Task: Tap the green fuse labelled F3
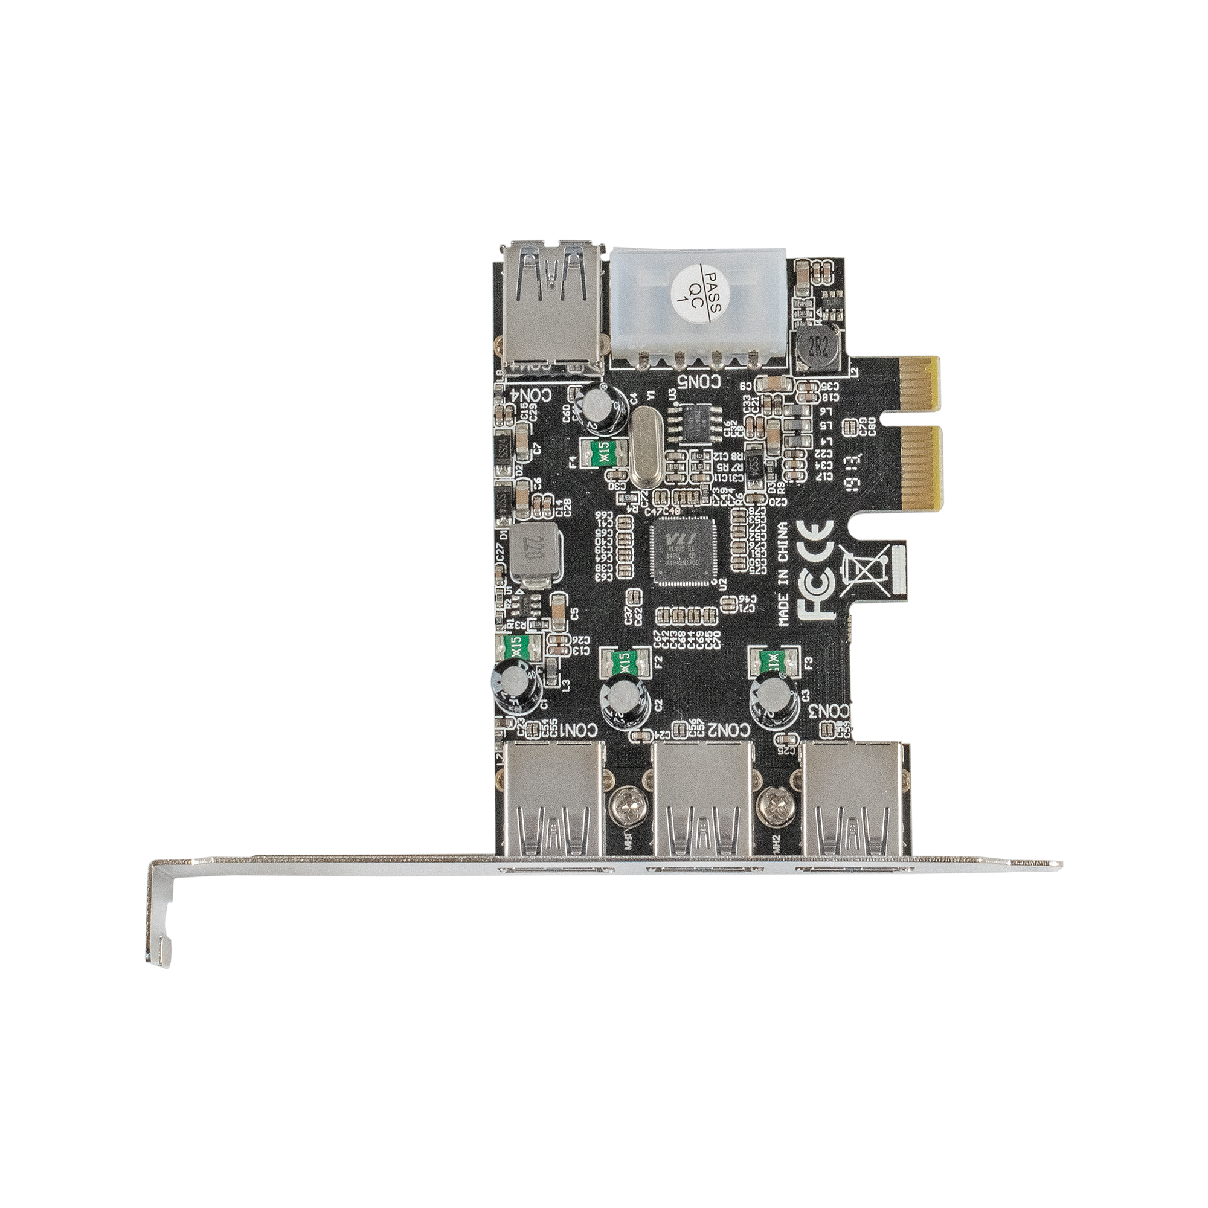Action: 774,659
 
